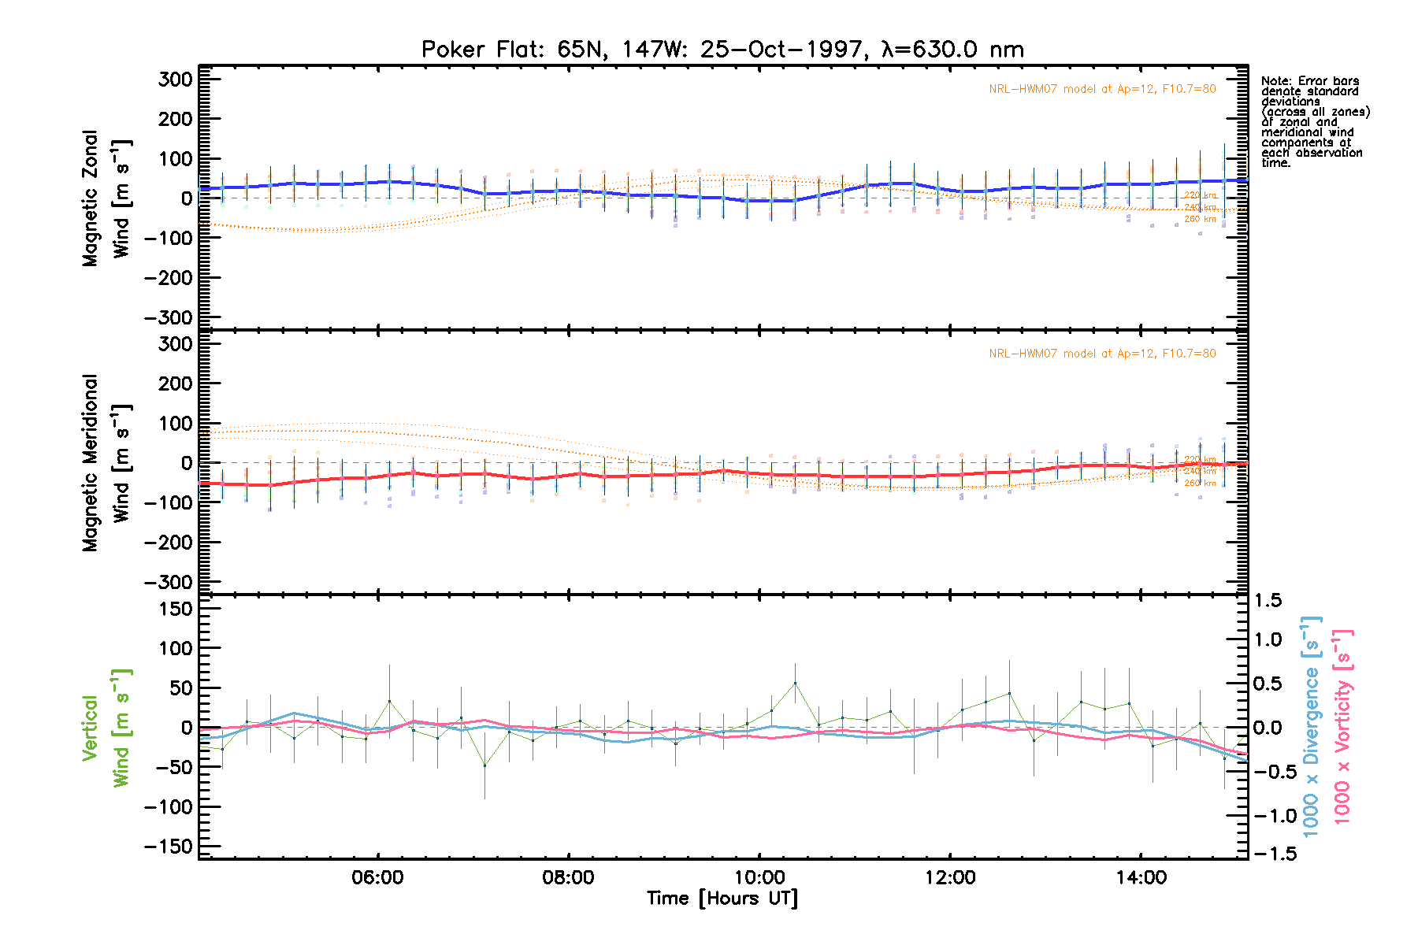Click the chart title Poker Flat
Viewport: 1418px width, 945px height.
722,50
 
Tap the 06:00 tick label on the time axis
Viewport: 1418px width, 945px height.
377,877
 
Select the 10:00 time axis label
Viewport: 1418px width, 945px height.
759,877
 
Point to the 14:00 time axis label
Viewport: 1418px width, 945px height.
1141,877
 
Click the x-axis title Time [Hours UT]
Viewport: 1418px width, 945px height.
722,899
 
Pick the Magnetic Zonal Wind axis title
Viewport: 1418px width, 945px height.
106,198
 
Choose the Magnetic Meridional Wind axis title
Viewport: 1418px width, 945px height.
106,463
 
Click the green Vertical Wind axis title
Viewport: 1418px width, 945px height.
106,728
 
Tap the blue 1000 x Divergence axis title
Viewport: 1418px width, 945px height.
1311,727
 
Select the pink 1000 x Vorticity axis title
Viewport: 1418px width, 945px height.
1342,727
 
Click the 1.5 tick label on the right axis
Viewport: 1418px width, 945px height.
1268,601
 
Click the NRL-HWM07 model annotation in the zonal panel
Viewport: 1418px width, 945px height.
1102,89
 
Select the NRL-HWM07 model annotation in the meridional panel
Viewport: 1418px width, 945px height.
1102,354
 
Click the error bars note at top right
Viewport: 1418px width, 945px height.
1315,121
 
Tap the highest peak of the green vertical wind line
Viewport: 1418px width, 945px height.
795,683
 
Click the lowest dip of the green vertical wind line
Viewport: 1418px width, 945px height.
484,765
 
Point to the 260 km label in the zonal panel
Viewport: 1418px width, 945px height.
1200,219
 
